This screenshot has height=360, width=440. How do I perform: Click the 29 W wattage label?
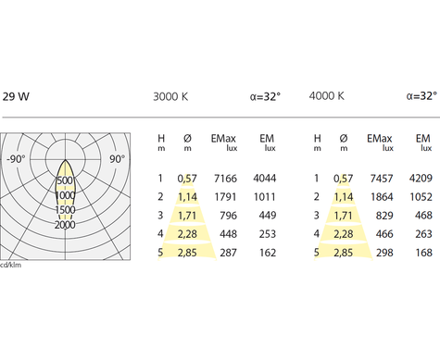(16, 96)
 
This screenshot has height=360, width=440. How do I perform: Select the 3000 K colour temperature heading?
(170, 96)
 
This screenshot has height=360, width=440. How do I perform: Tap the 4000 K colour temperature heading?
(327, 96)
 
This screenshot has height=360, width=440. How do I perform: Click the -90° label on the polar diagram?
(17, 159)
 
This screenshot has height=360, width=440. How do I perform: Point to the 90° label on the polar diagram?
(118, 159)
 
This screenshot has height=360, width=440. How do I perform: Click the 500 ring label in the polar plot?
(65, 180)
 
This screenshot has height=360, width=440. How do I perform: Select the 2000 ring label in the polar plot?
(65, 225)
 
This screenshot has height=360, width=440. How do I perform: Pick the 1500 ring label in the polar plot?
(65, 210)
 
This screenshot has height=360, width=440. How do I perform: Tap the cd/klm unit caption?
(11, 265)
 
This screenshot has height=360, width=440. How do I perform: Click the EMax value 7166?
(225, 179)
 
